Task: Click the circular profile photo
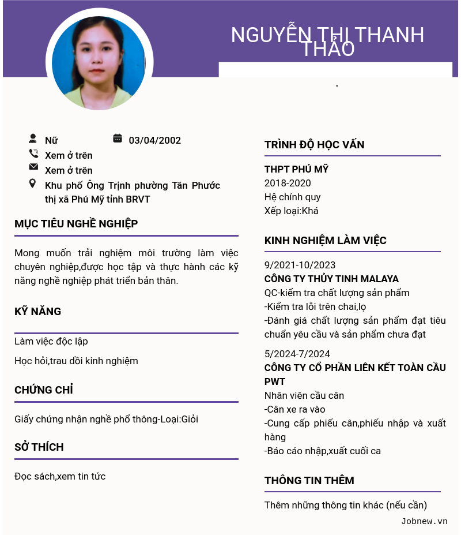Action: coord(99,63)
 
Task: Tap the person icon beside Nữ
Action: coord(33,139)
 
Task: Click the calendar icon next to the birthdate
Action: coord(118,139)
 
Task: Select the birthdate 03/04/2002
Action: coord(154,140)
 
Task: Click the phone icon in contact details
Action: coord(33,154)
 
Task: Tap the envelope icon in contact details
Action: coord(33,167)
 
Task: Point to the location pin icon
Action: coord(33,184)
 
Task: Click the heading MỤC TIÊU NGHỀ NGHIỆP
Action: coord(76,224)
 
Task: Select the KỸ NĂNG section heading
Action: coord(37,312)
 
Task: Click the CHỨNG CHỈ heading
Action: coord(44,390)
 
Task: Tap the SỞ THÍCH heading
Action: coord(39,447)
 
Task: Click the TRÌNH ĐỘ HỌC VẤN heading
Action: coord(314,145)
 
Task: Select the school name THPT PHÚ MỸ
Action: coord(296,169)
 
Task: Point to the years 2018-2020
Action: coord(288,183)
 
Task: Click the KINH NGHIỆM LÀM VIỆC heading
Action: coord(325,241)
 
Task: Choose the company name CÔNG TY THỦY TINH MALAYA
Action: coord(331,279)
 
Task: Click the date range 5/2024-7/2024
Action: coord(297,354)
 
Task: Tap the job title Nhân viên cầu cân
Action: coord(304,395)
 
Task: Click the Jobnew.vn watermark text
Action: coord(424,521)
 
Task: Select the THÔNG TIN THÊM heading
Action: coord(309,481)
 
